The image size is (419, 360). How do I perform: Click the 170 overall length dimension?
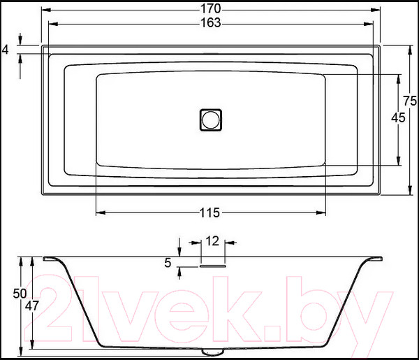210,8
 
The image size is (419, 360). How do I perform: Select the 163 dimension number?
210,22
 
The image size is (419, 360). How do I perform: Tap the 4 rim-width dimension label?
6,49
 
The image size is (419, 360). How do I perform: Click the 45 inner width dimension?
397,118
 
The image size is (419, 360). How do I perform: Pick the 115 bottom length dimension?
210,213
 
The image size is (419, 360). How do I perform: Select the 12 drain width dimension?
213,241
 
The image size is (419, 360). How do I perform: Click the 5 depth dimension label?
168,263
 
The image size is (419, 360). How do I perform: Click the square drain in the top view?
210,119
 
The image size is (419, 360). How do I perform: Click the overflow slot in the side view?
213,266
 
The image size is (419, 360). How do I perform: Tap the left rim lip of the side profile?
52,259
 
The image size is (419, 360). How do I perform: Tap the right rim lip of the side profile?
374,259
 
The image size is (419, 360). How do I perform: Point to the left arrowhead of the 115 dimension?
98,212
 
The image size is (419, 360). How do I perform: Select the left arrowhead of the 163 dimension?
50,22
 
